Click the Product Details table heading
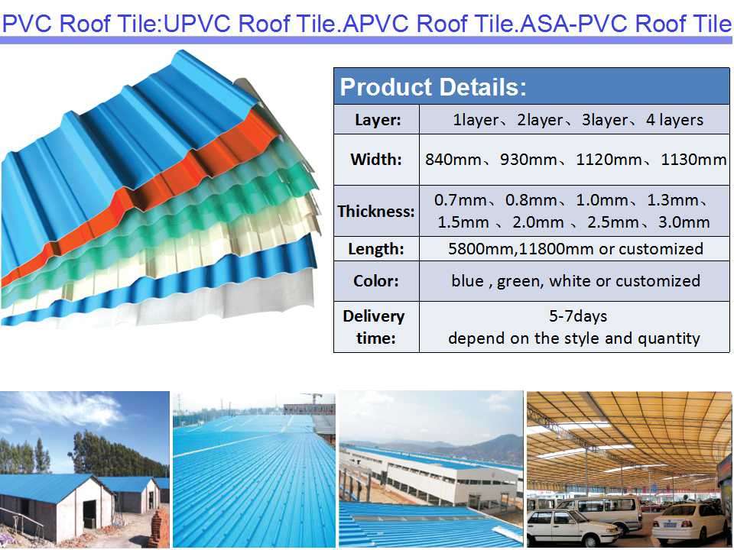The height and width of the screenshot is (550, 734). (x=433, y=87)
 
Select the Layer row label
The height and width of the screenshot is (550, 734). (x=377, y=120)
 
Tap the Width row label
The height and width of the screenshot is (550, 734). (x=376, y=160)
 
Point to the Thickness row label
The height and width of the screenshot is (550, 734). (x=376, y=212)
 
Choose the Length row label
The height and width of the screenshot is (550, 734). (x=376, y=248)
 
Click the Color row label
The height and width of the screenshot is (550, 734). (x=376, y=281)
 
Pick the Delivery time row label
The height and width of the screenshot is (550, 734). (x=374, y=327)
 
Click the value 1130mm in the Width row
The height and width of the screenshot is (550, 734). (x=693, y=160)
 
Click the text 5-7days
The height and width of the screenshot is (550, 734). (x=573, y=315)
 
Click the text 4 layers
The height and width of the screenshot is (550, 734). (x=671, y=120)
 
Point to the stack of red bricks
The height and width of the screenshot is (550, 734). (x=158, y=527)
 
